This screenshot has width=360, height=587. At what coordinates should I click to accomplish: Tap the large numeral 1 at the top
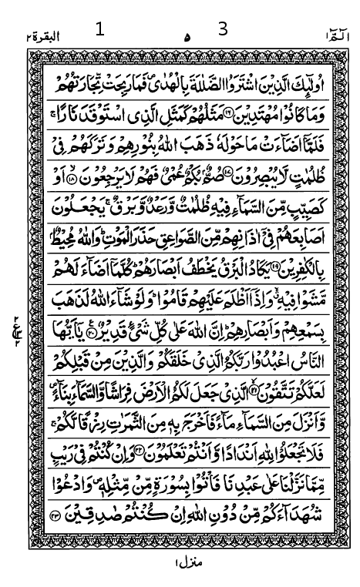pyautogui.click(x=99, y=30)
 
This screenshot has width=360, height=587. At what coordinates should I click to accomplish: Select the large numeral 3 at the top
pyautogui.click(x=223, y=29)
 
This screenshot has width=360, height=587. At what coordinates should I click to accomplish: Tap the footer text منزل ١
pyautogui.click(x=186, y=563)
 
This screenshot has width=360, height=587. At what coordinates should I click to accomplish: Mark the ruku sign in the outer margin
pyautogui.click(x=15, y=321)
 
